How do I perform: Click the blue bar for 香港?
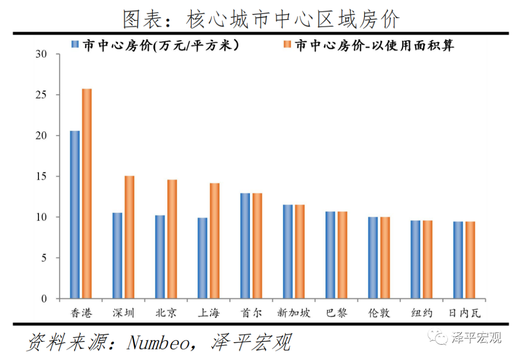75,215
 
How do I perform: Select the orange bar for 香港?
87,194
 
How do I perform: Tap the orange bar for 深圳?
129,237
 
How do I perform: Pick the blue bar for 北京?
160,257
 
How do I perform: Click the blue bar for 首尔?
245,246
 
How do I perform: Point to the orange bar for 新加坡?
300,252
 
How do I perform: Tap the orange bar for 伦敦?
385,258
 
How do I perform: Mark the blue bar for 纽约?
415,259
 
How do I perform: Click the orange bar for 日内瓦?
470,260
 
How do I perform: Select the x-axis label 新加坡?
294,313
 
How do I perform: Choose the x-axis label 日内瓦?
464,313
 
